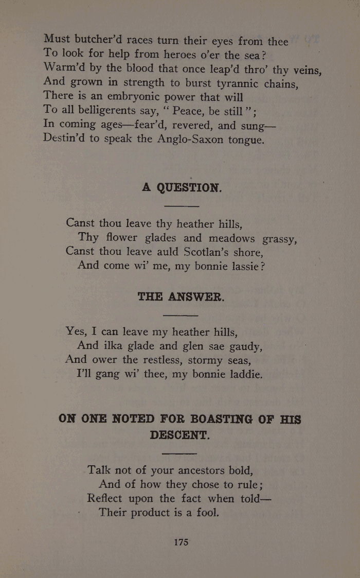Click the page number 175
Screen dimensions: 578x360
point(181,542)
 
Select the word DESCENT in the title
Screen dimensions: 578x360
point(180,435)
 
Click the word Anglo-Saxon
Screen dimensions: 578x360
point(190,139)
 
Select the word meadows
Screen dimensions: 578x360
point(230,238)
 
